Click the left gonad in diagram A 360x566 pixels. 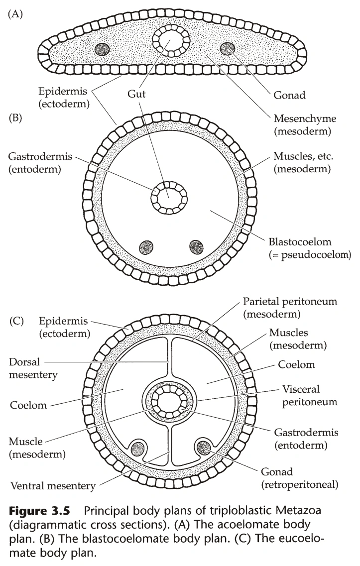pos(103,49)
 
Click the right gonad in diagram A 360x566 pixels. pos(228,48)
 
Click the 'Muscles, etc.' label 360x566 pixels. pos(302,163)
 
